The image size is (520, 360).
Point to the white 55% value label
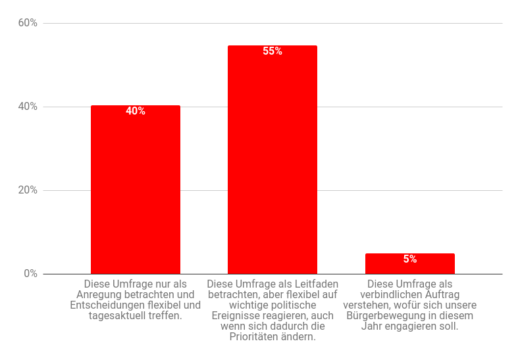pyautogui.click(x=272, y=51)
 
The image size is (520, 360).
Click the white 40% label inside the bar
pyautogui.click(x=135, y=111)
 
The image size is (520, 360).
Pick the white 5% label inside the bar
pyautogui.click(x=409, y=259)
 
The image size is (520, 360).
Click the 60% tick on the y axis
pyautogui.click(x=28, y=23)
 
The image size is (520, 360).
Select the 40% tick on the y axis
pyautogui.click(x=28, y=107)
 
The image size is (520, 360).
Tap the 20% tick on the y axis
pyautogui.click(x=28, y=190)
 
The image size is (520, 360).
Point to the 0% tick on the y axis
pyautogui.click(x=30, y=274)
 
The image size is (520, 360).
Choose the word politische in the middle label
pyautogui.click(x=291, y=305)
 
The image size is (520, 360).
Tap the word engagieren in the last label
pyautogui.click(x=411, y=326)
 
